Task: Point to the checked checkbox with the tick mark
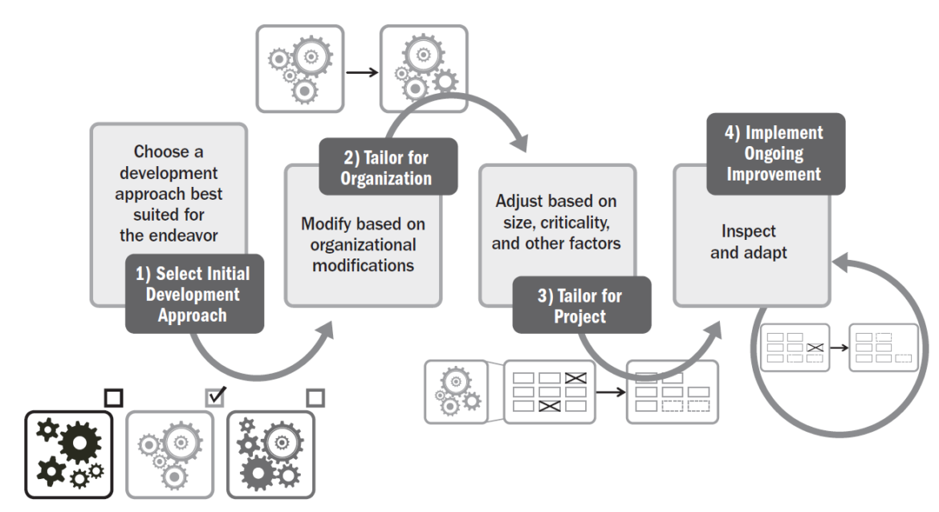[216, 395]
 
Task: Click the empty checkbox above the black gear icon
[114, 396]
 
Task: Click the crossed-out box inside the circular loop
[815, 347]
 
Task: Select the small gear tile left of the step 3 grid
[455, 391]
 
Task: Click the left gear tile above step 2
[299, 67]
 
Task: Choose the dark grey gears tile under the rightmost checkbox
[267, 453]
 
